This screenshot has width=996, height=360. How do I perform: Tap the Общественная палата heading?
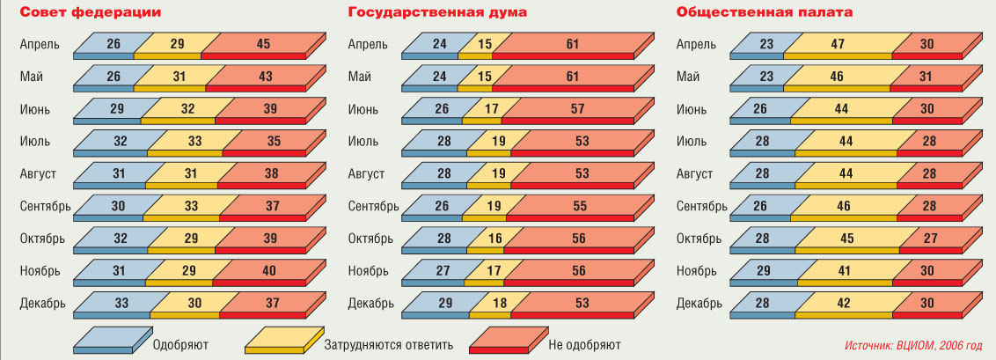[x=764, y=12]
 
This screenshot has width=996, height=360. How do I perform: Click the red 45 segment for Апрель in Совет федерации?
[x=265, y=43]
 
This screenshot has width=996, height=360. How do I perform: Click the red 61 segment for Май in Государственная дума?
[x=572, y=77]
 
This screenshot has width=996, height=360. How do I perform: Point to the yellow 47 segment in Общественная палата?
[x=838, y=43]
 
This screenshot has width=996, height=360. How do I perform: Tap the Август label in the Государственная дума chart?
[x=366, y=174]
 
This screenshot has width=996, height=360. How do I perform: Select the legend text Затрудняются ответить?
[x=388, y=344]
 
